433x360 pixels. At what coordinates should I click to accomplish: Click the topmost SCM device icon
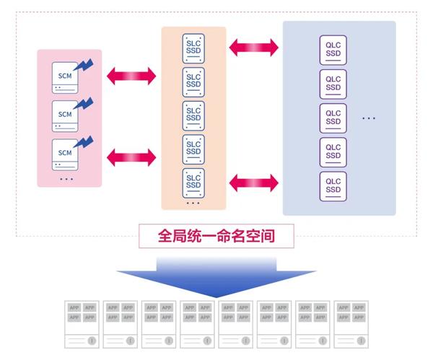click(66, 77)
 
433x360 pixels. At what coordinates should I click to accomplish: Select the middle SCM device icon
click(66, 115)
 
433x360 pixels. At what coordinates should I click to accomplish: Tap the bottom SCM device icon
click(66, 153)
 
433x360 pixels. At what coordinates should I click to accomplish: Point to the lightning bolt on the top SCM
click(84, 64)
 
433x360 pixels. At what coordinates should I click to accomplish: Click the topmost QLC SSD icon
click(333, 49)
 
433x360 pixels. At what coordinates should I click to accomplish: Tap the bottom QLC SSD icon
click(333, 185)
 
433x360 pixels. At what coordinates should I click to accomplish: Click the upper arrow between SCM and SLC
click(131, 74)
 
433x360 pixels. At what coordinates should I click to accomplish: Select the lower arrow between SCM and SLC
click(131, 155)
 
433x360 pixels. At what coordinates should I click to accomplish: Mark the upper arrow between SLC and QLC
click(253, 49)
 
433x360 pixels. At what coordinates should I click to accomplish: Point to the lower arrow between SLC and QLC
click(253, 181)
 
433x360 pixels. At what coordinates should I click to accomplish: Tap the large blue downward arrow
click(216, 275)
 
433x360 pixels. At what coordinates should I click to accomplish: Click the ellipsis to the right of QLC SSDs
click(368, 118)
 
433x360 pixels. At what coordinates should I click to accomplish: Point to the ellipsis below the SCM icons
click(66, 178)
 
